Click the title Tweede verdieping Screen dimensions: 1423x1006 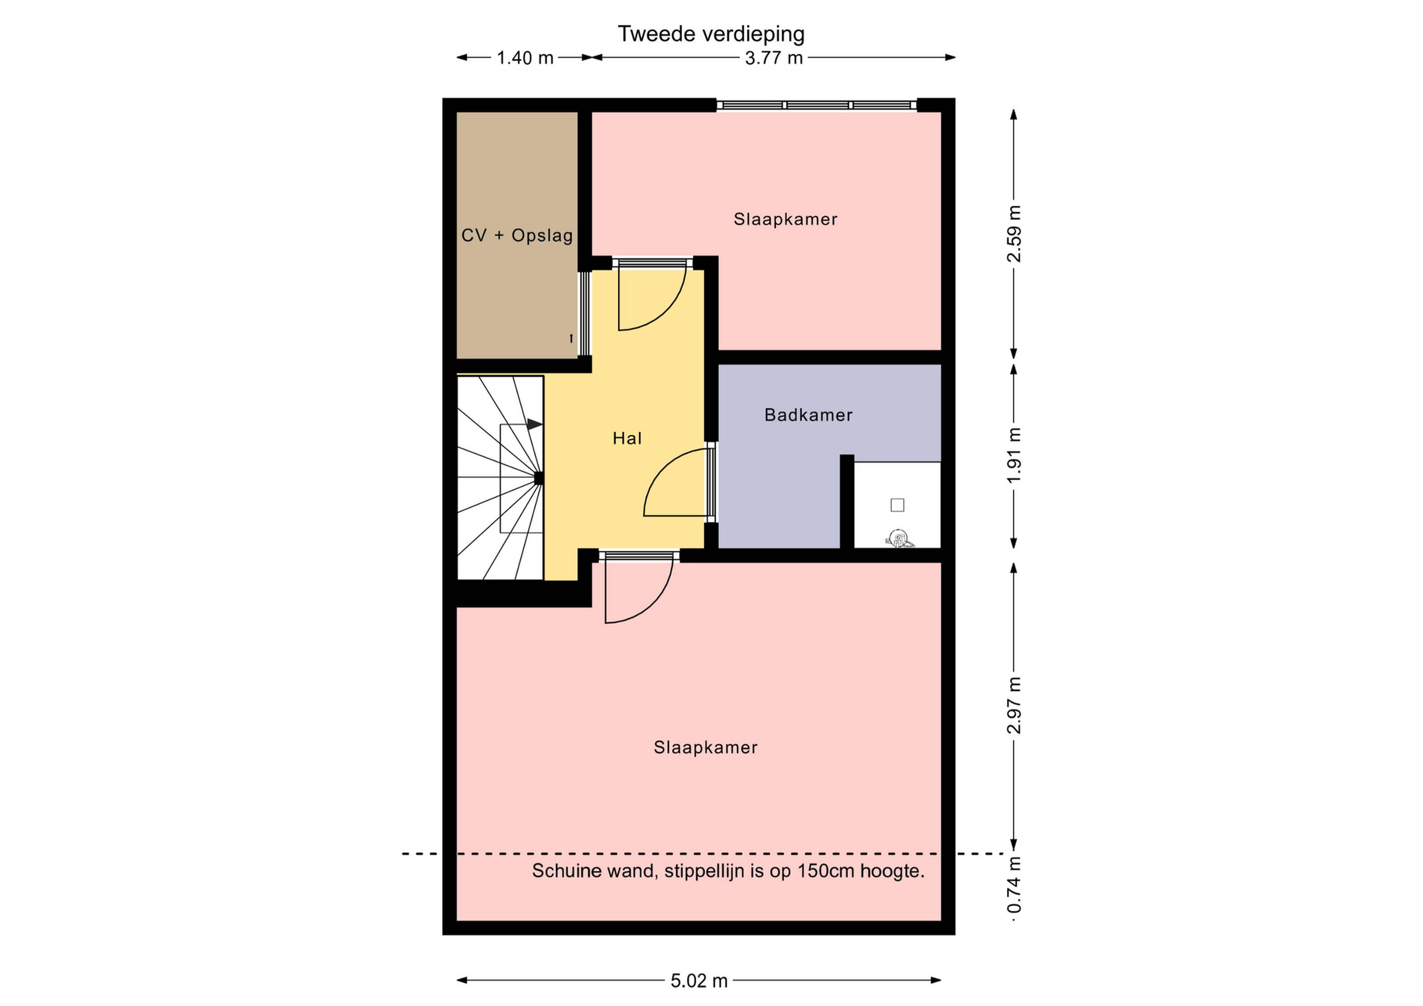click(x=711, y=34)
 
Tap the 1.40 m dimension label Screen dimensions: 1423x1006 click(x=525, y=58)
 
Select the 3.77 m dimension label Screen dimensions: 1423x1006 click(x=773, y=58)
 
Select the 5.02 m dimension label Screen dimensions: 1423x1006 click(x=699, y=980)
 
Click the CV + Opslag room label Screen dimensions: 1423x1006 click(x=517, y=236)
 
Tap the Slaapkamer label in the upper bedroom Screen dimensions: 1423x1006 click(x=785, y=219)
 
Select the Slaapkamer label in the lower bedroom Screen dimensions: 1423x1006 click(x=705, y=748)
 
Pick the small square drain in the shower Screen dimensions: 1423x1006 click(x=897, y=505)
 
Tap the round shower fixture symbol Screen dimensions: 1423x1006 click(x=898, y=538)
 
